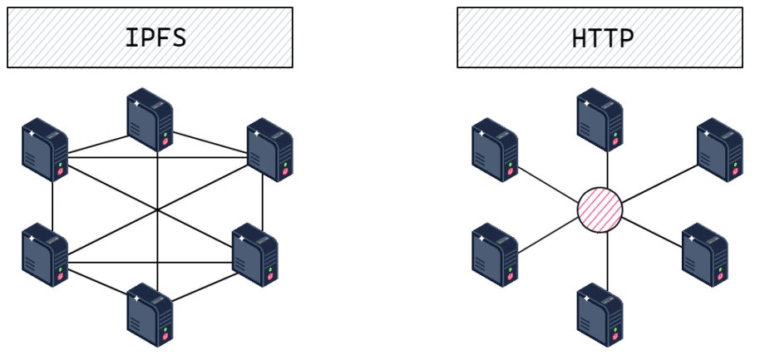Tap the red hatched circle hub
[600, 208]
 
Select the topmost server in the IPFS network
[150, 122]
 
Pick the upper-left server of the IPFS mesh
[45, 150]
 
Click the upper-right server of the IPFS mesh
[269, 150]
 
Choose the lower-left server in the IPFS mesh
[45, 254]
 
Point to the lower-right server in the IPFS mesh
[254, 254]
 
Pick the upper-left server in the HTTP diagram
[495, 150]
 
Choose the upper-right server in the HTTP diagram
[719, 150]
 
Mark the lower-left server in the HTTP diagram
[495, 254]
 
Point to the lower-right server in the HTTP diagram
[704, 254]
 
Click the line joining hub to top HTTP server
[607, 170]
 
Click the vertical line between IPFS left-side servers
[52, 202]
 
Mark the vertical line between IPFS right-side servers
[263, 202]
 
